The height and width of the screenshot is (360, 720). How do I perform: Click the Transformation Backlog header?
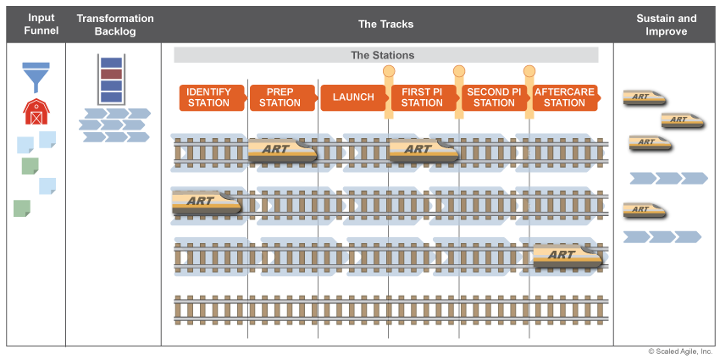tap(115, 25)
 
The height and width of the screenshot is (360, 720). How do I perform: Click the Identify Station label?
tap(209, 97)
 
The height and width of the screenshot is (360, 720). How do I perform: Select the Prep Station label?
tap(280, 97)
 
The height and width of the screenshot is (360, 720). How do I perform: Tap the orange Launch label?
tap(353, 97)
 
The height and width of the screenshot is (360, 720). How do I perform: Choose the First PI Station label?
tap(422, 97)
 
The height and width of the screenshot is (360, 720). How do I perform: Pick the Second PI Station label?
tap(493, 97)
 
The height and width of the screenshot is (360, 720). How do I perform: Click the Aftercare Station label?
tap(564, 97)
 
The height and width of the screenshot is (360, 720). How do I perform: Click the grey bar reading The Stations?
tap(385, 55)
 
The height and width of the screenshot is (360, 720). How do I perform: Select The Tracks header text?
tap(385, 25)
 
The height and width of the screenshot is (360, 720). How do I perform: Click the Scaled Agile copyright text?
tap(681, 352)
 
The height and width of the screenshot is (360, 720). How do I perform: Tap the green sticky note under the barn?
tap(30, 165)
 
